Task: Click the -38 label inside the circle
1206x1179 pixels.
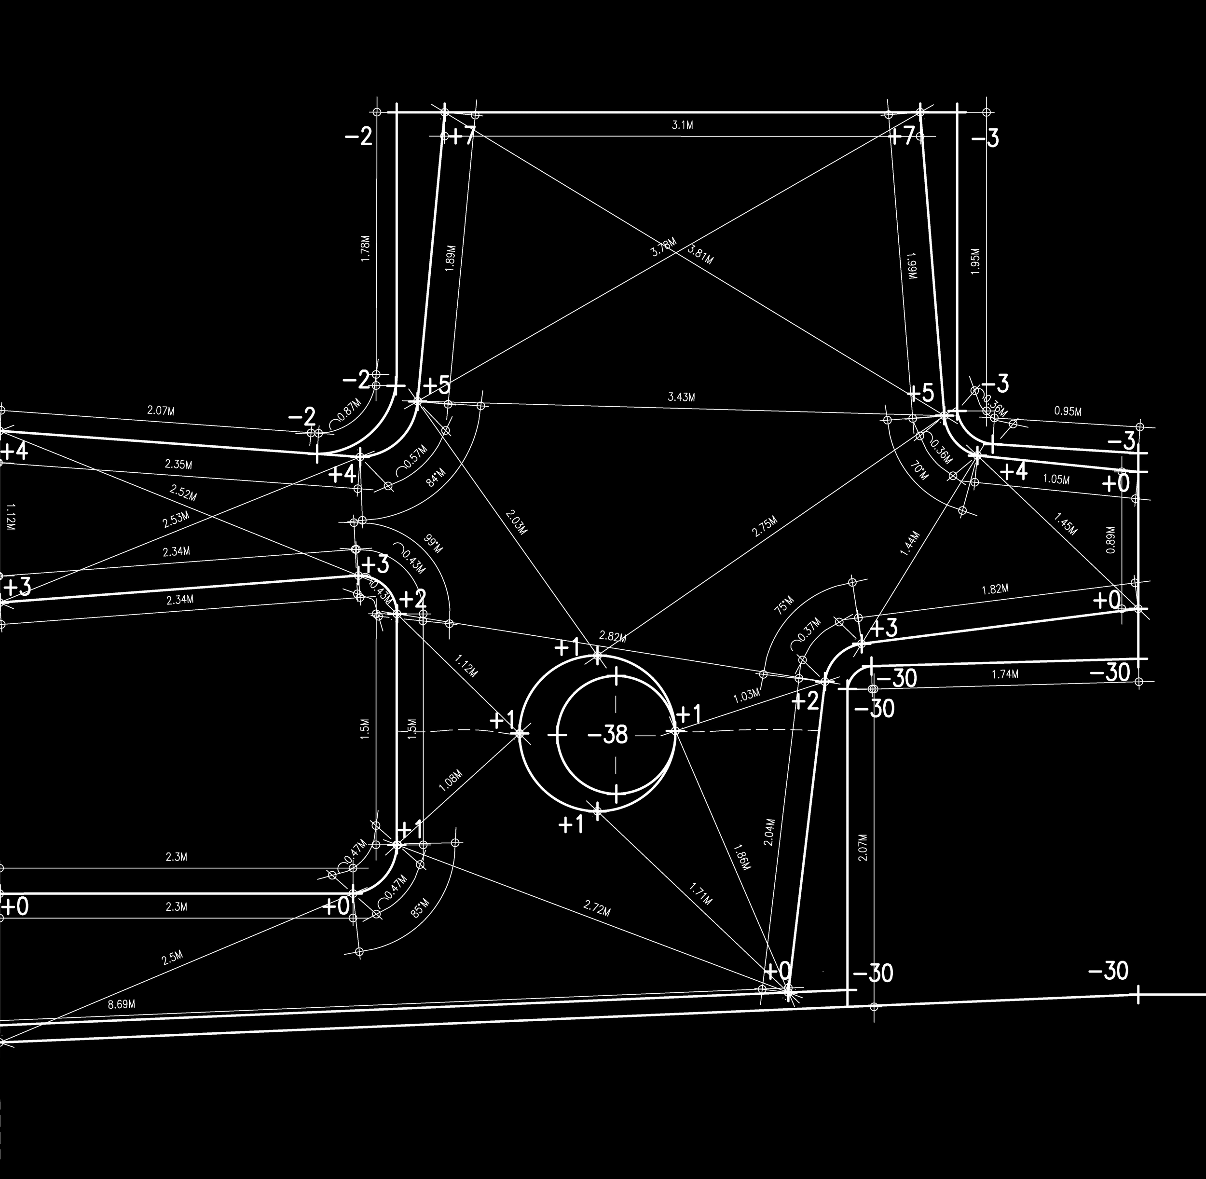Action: (x=607, y=735)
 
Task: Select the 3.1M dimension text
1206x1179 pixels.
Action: (x=682, y=125)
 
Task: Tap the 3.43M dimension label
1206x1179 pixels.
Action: (x=681, y=397)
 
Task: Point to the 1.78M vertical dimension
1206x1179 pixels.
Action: (x=365, y=249)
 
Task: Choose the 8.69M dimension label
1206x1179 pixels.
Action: (x=122, y=1004)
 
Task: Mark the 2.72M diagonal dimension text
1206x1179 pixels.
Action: (x=597, y=908)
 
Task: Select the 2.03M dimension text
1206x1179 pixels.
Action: (x=516, y=522)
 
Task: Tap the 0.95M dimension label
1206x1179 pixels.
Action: (x=1068, y=411)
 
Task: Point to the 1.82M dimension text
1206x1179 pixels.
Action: (x=995, y=589)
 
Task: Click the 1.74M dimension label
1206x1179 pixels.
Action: (x=1005, y=674)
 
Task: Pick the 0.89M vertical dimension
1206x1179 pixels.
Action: (x=1110, y=539)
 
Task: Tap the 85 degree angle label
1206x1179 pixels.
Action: (x=419, y=910)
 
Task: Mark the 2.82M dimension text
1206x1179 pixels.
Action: (x=612, y=637)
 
